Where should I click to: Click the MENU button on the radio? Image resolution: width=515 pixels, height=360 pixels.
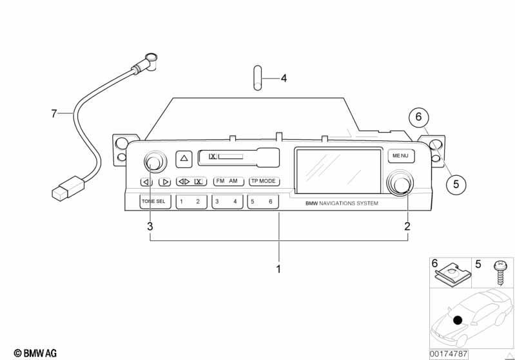[x=401, y=156]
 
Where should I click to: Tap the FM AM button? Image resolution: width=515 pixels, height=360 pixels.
[x=229, y=182]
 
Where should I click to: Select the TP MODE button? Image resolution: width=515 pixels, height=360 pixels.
[x=264, y=182]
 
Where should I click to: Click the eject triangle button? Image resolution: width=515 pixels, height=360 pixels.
[x=184, y=158]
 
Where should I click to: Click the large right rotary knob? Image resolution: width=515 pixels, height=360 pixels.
[x=400, y=184]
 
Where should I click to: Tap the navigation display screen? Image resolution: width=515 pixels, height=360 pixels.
[x=338, y=171]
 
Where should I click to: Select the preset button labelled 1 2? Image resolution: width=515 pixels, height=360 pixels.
[x=191, y=202]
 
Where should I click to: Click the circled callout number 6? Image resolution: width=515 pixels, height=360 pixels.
[x=418, y=117]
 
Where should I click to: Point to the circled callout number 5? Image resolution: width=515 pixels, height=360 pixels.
[x=456, y=184]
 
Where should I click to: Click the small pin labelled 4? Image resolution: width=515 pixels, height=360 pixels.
[x=258, y=78]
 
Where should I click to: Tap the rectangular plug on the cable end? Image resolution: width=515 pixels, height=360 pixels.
[x=68, y=188]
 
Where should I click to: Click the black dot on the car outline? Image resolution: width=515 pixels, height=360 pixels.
[x=458, y=320]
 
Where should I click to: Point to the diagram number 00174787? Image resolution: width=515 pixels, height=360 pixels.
[x=449, y=354]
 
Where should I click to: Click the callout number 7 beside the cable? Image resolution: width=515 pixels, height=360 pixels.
[x=54, y=114]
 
